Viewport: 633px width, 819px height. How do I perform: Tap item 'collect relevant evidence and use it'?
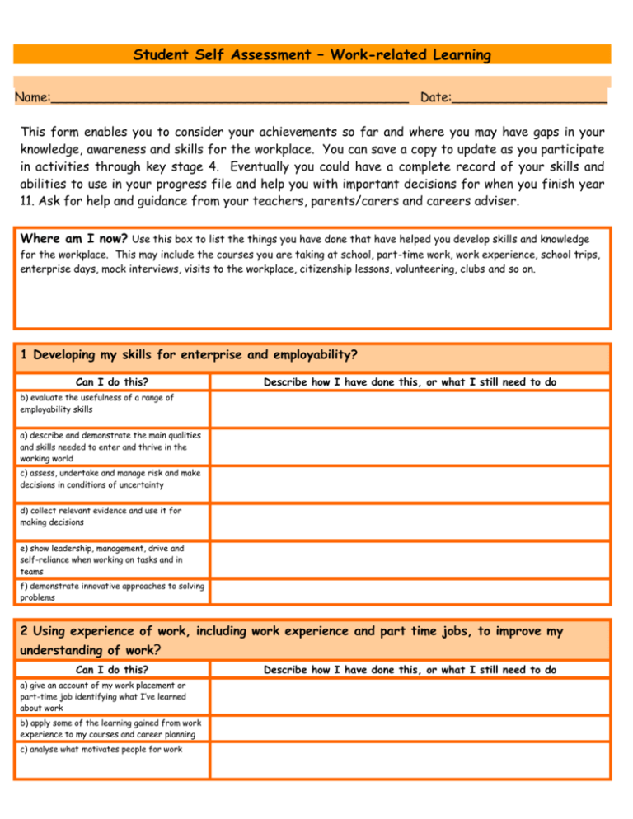(98, 516)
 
